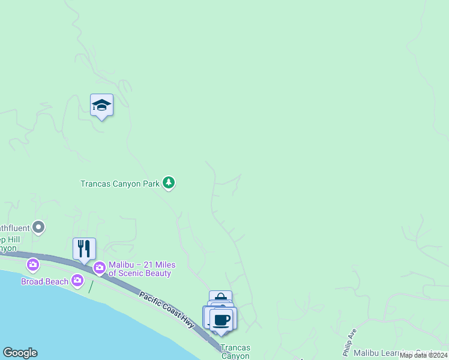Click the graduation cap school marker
101,106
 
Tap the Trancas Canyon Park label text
120,184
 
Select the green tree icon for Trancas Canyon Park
169,183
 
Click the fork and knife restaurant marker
84,248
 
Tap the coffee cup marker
223,319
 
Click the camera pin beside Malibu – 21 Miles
99,266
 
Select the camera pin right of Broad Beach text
77,280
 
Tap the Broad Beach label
44,281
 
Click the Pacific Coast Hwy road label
167,310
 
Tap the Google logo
20,353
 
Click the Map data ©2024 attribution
423,355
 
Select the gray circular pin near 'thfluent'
39,227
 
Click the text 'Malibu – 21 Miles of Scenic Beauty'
140,269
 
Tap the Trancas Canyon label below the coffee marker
235,352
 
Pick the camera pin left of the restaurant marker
32,264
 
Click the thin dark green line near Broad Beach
91,286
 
